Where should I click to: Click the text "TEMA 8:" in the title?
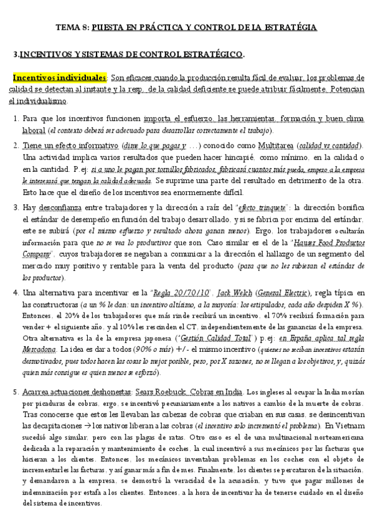pyautogui.click(x=73, y=27)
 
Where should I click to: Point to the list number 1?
pyautogui.click(x=16, y=118)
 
